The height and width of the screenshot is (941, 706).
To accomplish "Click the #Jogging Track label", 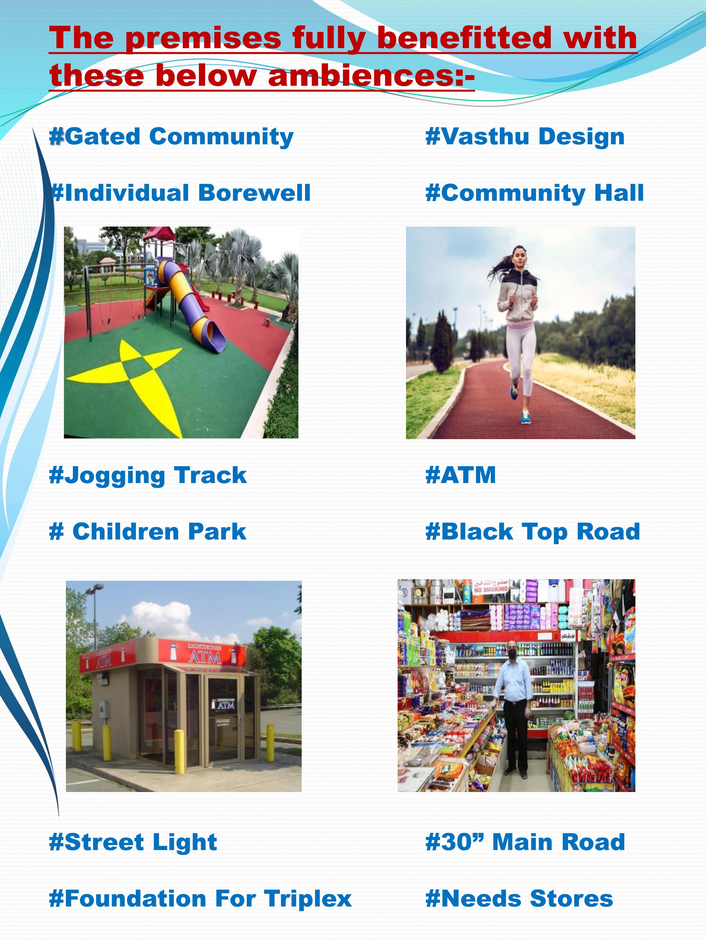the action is pos(148,475).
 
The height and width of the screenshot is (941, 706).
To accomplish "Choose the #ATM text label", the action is pos(461,475).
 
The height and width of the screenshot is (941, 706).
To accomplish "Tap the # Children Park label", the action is pos(148,532).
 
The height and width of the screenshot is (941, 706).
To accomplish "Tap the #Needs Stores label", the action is pos(519,899).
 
